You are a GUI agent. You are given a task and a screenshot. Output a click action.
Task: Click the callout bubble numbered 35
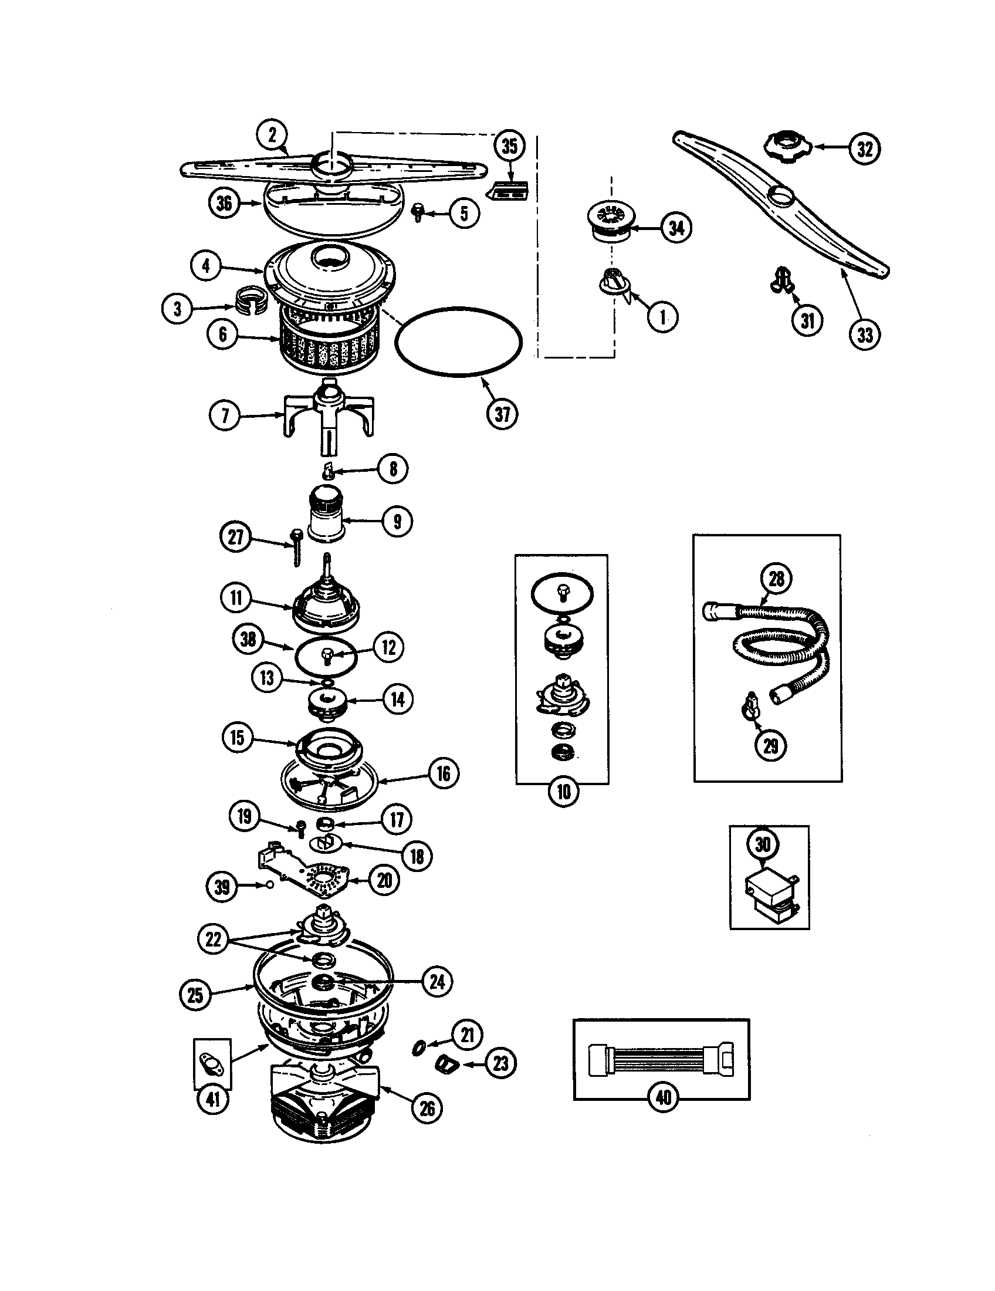pos(509,147)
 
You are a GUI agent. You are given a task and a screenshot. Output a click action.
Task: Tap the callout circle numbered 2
pos(272,136)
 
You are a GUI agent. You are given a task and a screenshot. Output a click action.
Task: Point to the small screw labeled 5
pos(419,211)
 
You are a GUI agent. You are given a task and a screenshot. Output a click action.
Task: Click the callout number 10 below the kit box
pos(564,792)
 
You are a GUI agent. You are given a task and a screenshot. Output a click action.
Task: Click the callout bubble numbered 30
pos(763,844)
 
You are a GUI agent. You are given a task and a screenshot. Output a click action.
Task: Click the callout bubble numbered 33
pos(864,334)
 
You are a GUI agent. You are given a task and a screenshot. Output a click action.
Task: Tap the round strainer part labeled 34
pos(608,222)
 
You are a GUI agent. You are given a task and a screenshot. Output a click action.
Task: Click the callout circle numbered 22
pos(213,939)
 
